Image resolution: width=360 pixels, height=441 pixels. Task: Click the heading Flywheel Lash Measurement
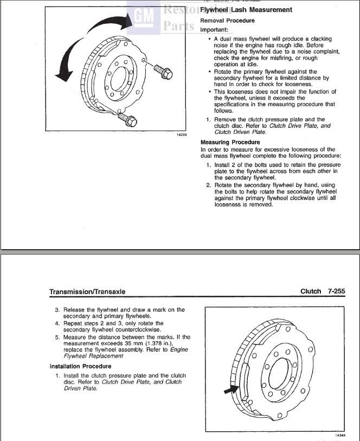tap(246, 10)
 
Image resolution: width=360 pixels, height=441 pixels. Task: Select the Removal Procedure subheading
tap(227, 21)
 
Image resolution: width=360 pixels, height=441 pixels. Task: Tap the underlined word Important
tap(214, 29)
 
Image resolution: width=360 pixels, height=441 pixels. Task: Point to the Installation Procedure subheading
tap(80, 367)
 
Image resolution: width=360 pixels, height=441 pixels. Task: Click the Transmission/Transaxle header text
tap(87, 291)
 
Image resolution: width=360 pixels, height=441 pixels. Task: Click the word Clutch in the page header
tap(311, 291)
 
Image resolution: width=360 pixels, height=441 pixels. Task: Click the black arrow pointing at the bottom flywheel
tap(230, 388)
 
